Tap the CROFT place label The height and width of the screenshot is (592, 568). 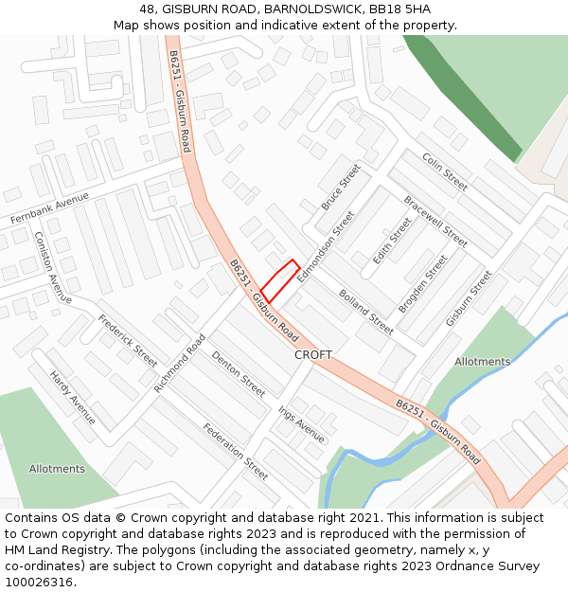[x=313, y=354]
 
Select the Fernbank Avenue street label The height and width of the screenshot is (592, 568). [x=49, y=207]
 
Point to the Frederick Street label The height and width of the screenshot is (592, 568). [x=128, y=341]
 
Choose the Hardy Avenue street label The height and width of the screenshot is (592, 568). [x=72, y=397]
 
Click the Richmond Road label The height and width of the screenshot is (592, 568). [x=180, y=363]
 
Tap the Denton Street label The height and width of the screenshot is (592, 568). [x=239, y=373]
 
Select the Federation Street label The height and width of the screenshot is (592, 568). [x=236, y=451]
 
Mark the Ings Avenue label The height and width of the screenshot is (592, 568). [x=302, y=424]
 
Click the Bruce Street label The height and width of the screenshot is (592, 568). [x=341, y=187]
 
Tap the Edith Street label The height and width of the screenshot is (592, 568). [x=392, y=241]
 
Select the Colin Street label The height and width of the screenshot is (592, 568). [x=445, y=171]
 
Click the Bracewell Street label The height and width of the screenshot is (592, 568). [x=435, y=222]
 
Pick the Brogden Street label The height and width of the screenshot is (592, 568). [x=422, y=283]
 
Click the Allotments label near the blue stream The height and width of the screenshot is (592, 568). [x=482, y=362]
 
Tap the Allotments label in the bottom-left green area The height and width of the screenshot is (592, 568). [x=57, y=469]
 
